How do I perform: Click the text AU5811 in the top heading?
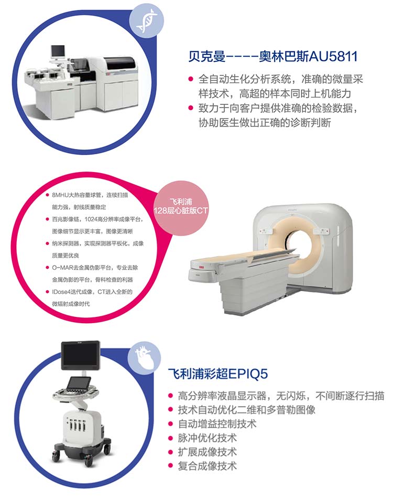[333, 57]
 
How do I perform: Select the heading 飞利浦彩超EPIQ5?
[218, 374]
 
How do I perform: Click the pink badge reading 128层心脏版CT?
[181, 206]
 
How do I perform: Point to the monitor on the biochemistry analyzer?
[58, 51]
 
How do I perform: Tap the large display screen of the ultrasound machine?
[81, 356]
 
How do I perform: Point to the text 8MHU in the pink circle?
[60, 195]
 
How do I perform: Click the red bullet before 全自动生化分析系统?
[191, 79]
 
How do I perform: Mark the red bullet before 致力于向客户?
[191, 108]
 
